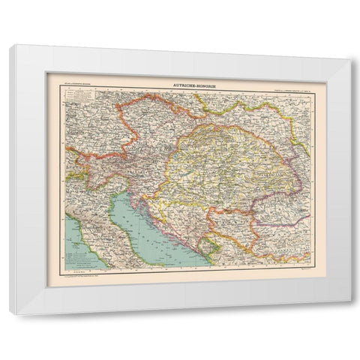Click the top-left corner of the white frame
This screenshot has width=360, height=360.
coord(10,46)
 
